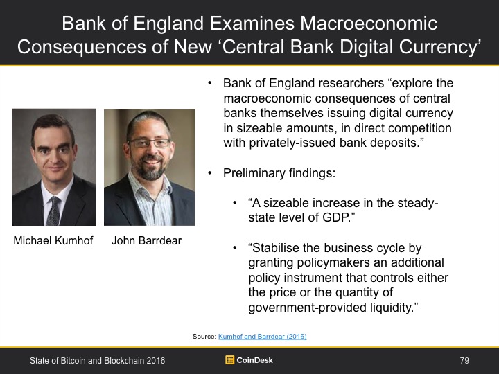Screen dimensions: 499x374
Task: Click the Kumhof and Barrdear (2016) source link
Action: coord(262,336)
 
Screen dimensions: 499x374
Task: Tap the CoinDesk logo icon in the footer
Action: coord(229,359)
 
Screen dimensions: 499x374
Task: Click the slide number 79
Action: coord(464,360)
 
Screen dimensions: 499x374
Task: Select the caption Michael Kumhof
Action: coord(53,240)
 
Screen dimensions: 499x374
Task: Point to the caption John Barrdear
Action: coord(146,240)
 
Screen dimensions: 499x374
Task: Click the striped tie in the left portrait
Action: coord(53,211)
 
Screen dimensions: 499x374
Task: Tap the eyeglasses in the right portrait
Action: coord(150,143)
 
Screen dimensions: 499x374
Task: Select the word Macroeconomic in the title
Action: coord(369,23)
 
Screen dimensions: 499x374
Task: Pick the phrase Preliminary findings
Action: coord(279,173)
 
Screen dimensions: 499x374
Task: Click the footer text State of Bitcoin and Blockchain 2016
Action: coord(98,360)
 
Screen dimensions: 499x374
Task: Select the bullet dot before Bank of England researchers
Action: coord(210,83)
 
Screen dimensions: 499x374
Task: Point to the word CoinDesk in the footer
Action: coord(254,360)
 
